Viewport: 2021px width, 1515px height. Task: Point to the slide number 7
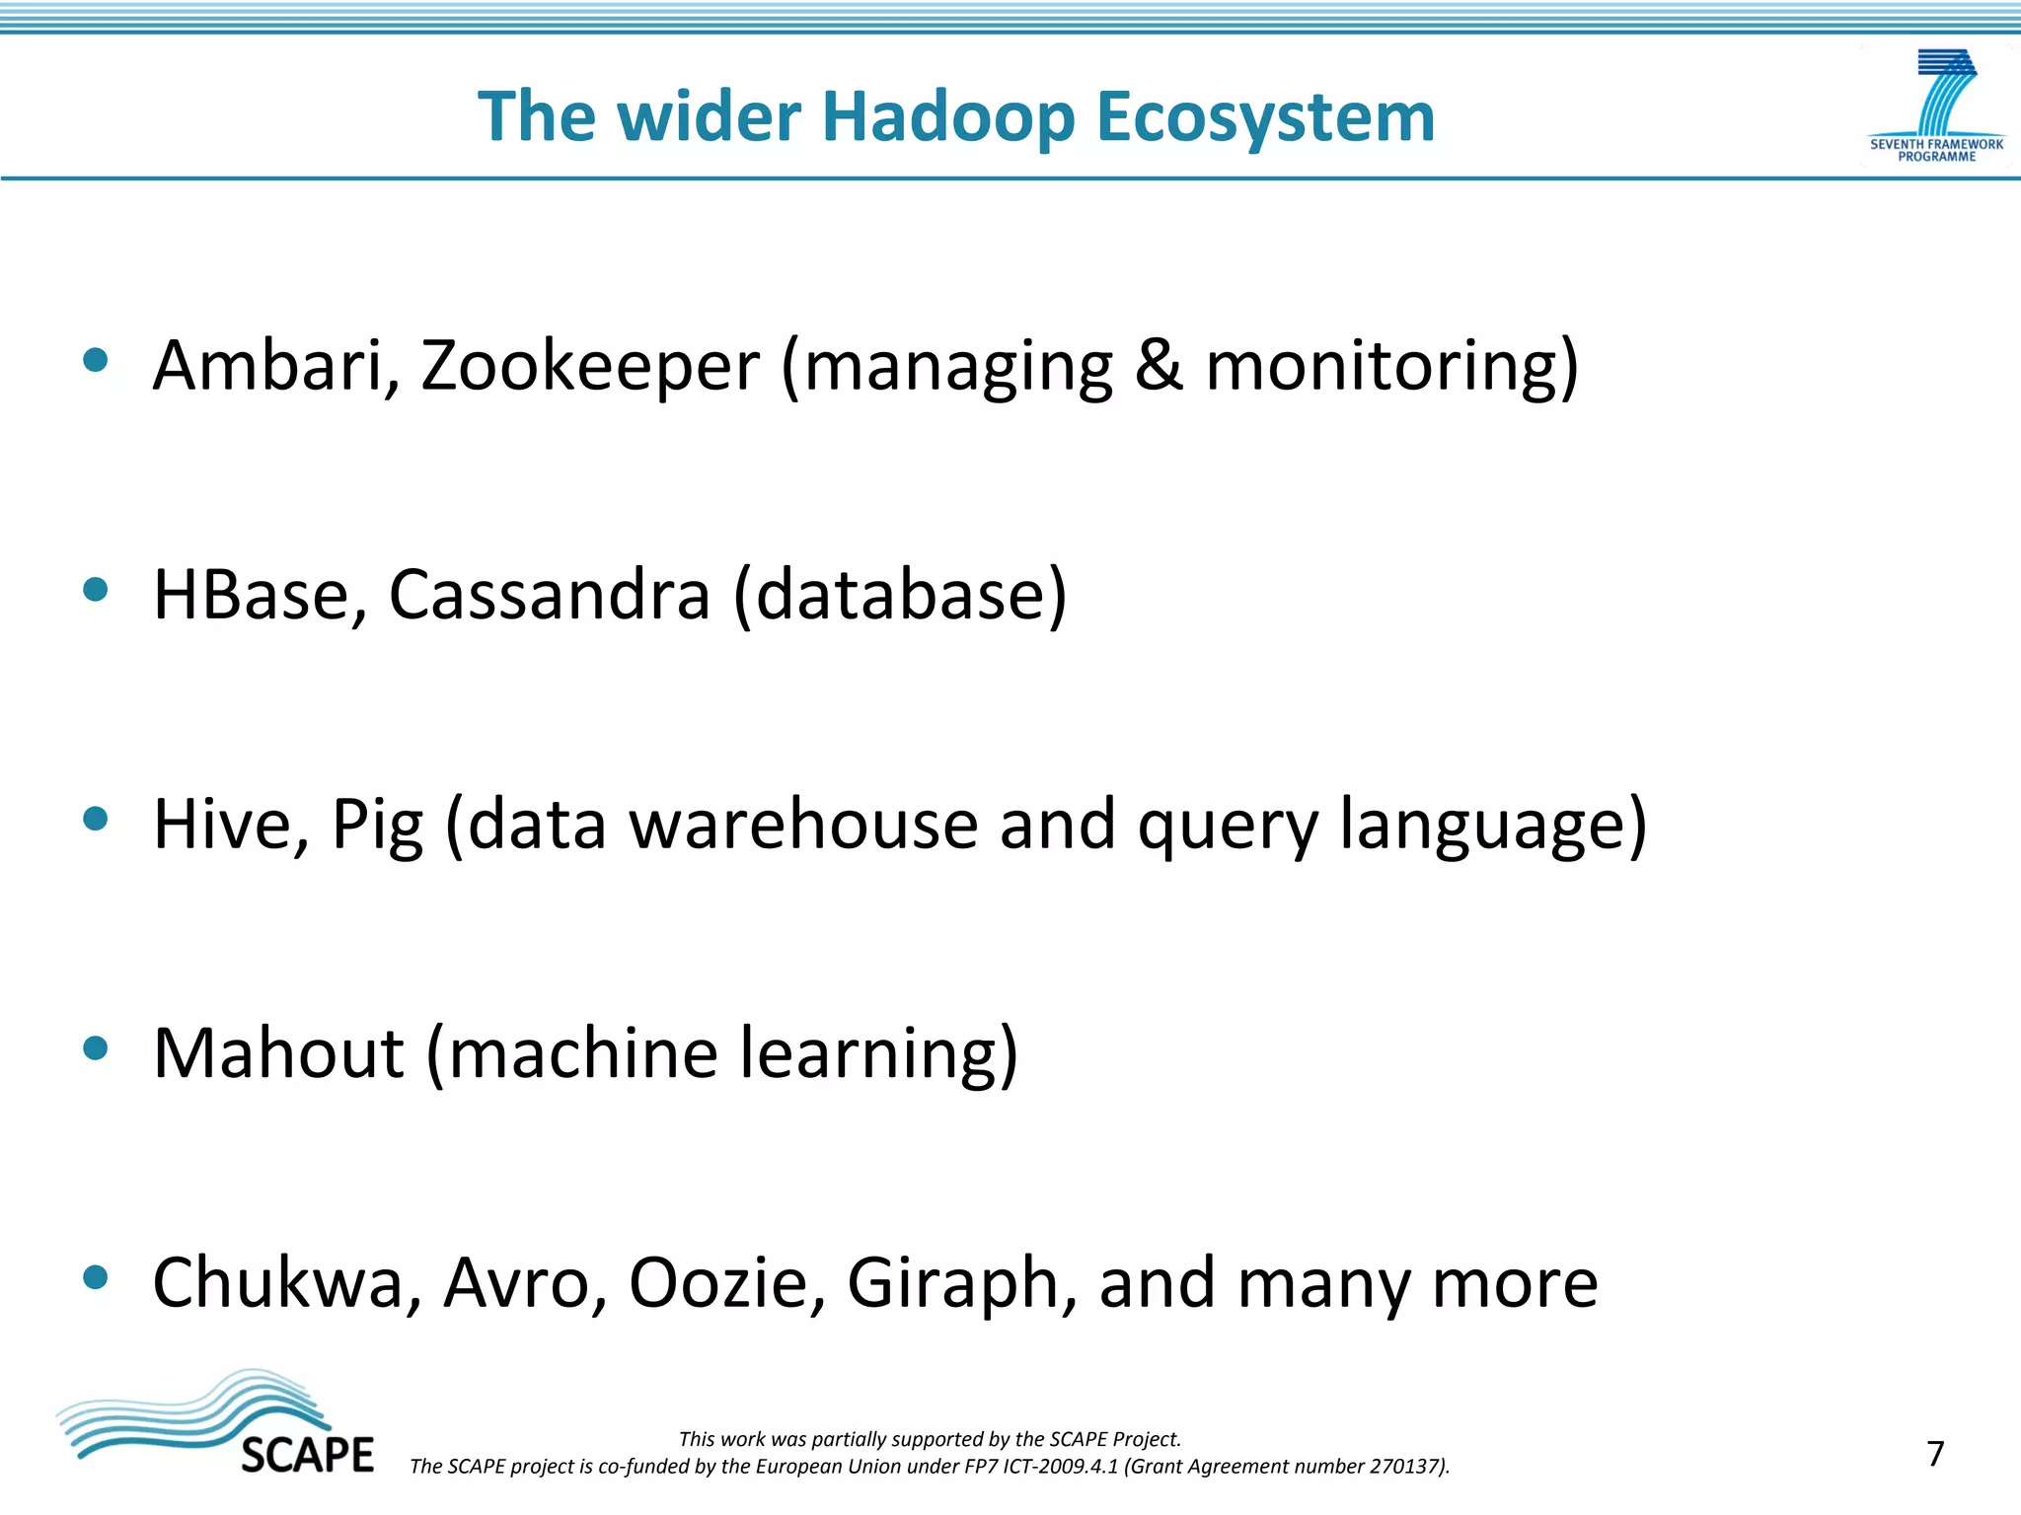click(x=1935, y=1454)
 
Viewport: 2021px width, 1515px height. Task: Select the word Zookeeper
click(x=590, y=366)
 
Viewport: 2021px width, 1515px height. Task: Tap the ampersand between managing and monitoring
click(x=1159, y=366)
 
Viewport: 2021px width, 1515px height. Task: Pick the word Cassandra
click(x=550, y=595)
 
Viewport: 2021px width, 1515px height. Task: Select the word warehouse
click(x=803, y=824)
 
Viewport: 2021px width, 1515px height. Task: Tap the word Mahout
click(x=278, y=1053)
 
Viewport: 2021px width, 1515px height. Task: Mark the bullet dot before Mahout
click(x=96, y=1048)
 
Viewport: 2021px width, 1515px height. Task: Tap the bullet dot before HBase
click(x=96, y=590)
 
